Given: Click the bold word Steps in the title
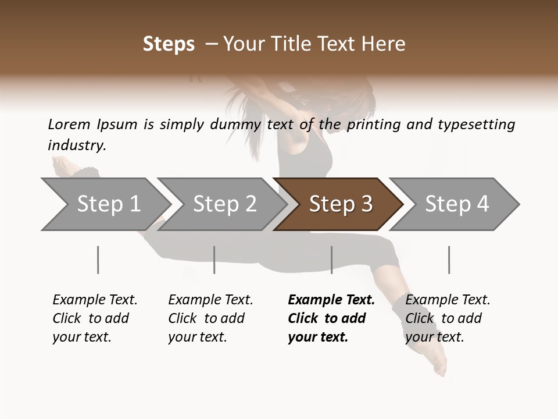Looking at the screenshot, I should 169,44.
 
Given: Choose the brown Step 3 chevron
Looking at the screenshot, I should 340,204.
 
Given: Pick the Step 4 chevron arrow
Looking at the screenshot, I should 456,204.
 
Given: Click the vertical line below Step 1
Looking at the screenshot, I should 98,260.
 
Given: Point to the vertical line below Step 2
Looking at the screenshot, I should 214,260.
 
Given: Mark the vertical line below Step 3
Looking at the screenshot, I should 331,260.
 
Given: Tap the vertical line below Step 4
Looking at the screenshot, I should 449,260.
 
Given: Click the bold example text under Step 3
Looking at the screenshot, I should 331,318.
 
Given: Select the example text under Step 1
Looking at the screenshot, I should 94,318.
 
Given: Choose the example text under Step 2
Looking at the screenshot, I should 210,318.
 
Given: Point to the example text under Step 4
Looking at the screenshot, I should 447,318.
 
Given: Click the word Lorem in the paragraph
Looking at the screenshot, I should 69,125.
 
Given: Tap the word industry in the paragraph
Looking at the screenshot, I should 76,145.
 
